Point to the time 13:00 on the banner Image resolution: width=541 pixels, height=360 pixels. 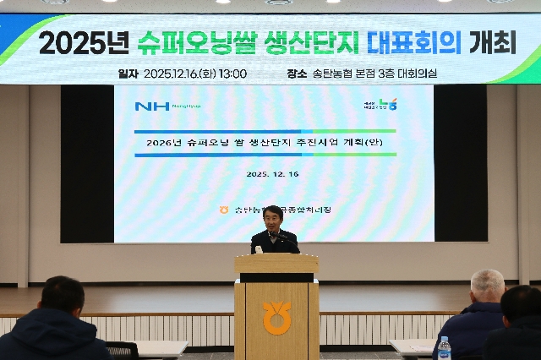pyautogui.click(x=232, y=74)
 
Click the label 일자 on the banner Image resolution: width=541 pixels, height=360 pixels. pyautogui.click(x=128, y=74)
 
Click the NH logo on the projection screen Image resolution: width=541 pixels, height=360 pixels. pyautogui.click(x=152, y=106)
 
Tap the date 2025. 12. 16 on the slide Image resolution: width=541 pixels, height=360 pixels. pyautogui.click(x=273, y=173)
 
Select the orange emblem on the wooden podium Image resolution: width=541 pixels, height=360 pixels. pyautogui.click(x=276, y=317)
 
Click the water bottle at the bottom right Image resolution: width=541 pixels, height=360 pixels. pyautogui.click(x=444, y=348)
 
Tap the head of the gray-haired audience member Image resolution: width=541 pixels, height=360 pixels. pyautogui.click(x=488, y=287)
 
